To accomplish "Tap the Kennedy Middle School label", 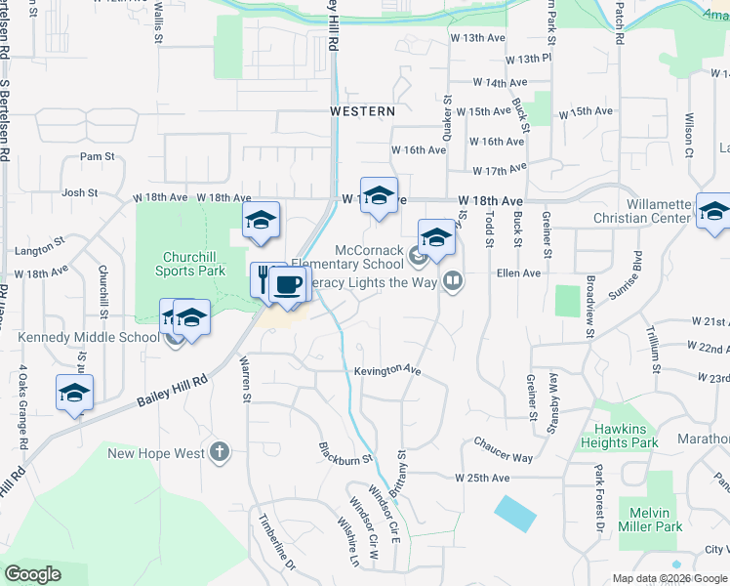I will click(x=88, y=338).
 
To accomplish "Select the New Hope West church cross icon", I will click(x=220, y=452).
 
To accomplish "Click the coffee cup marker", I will click(x=287, y=284).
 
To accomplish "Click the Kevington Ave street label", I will click(x=386, y=372).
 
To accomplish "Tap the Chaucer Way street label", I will click(x=504, y=443).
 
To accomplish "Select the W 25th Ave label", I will click(x=482, y=478).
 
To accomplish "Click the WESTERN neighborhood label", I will click(x=362, y=112).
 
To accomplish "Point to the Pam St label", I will click(x=98, y=156).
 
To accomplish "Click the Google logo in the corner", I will click(x=32, y=574).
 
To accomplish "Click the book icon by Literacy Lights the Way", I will click(x=452, y=283).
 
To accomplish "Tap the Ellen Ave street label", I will click(x=518, y=273).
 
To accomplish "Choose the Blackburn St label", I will click(x=345, y=453).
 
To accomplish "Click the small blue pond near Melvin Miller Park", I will click(x=514, y=513).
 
